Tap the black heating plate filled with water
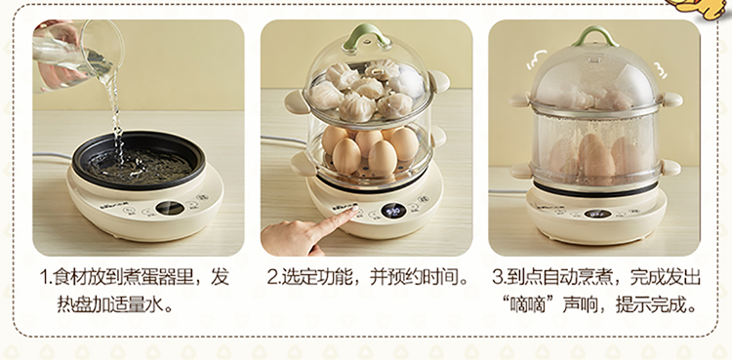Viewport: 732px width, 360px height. click(139, 160)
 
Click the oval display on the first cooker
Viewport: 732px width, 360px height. click(170, 208)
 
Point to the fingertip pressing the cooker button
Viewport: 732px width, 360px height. click(354, 211)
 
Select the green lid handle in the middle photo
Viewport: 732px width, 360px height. click(367, 36)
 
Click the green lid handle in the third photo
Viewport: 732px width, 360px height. click(595, 35)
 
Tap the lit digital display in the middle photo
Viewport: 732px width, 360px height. click(393, 211)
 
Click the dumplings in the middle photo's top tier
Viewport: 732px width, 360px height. click(366, 90)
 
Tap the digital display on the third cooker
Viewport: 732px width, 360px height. click(597, 214)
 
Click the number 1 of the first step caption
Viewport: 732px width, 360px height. click(45, 277)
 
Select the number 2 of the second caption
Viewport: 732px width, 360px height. click(273, 277)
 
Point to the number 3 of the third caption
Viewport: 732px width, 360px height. click(498, 277)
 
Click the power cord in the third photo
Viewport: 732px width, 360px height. click(508, 191)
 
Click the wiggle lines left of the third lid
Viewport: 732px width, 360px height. click(537, 60)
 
